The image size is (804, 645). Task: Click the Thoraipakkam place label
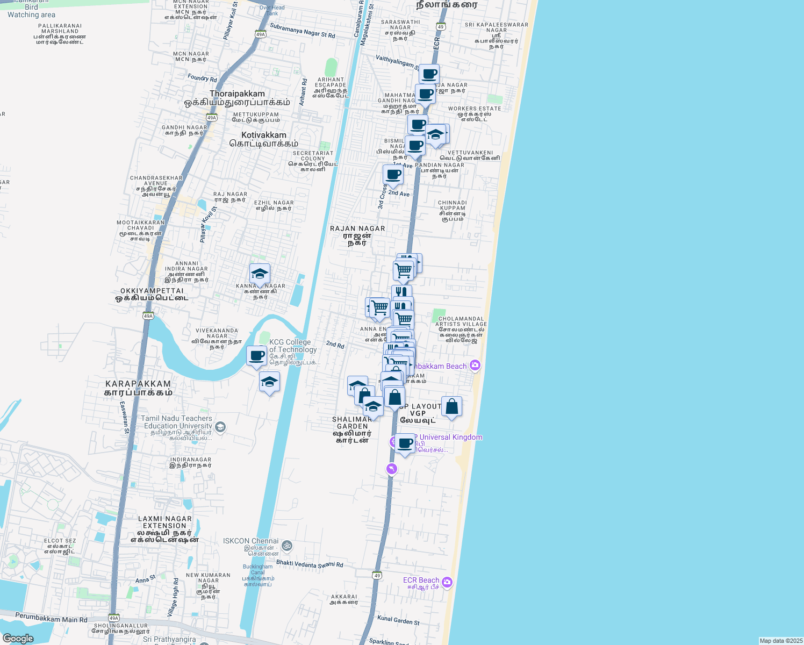point(237,94)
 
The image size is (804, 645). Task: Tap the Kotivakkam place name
point(263,135)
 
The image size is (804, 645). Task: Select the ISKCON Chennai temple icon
point(287,546)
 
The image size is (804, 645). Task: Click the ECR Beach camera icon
point(447,582)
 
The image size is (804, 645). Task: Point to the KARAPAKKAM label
point(138,384)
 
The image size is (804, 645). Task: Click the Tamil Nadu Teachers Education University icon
point(220,427)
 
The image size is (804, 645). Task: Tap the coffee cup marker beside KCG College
point(257,356)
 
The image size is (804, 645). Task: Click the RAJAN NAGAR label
point(357,228)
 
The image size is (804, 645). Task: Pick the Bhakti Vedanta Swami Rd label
point(310,563)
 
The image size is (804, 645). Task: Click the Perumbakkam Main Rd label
point(51,618)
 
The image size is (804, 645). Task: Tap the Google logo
point(18,639)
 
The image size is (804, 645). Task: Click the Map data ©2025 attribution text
point(781,641)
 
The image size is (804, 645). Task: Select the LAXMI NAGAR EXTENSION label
point(164,522)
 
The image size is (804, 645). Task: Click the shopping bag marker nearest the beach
point(451,407)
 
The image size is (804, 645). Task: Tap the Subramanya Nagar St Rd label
point(302,31)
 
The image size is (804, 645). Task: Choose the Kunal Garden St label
point(398,620)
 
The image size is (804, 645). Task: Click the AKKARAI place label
point(344,597)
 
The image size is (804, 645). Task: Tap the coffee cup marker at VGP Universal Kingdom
point(405,444)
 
